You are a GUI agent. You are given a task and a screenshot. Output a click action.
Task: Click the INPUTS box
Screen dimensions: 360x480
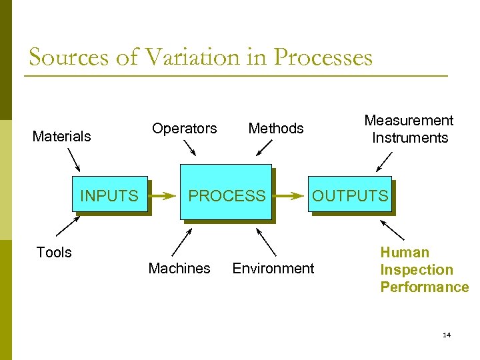click(x=110, y=195)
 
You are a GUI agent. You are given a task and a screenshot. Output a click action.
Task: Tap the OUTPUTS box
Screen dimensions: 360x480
click(x=350, y=195)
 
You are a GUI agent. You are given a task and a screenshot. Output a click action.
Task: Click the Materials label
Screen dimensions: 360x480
click(x=62, y=137)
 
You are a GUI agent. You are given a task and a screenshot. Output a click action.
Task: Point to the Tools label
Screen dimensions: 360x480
click(x=54, y=252)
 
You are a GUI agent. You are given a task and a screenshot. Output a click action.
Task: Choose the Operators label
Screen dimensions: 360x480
click(x=185, y=128)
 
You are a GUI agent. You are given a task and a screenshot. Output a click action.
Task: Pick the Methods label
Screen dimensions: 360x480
click(x=276, y=128)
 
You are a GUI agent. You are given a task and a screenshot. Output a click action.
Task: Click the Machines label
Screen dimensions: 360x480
click(x=179, y=268)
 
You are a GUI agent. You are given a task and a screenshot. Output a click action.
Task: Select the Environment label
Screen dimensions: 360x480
click(x=273, y=268)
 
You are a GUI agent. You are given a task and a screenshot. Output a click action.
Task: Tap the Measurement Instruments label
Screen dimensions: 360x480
click(x=409, y=129)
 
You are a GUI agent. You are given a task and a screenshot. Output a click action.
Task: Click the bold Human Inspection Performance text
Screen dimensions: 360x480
click(x=424, y=270)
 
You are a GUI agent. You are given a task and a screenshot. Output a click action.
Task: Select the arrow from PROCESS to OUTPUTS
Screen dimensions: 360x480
click(x=290, y=197)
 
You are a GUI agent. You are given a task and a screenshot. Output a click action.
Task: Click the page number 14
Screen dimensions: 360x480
click(x=447, y=335)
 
